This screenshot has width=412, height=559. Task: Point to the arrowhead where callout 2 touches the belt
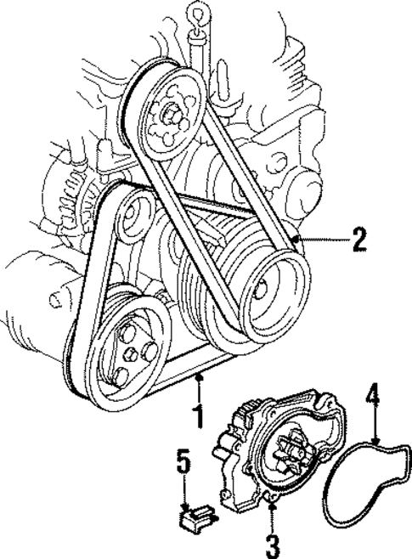point(294,240)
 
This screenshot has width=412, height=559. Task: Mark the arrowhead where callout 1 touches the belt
point(199,375)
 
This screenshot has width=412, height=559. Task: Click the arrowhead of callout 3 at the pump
point(272,507)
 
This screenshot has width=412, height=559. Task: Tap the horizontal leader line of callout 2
point(323,240)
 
